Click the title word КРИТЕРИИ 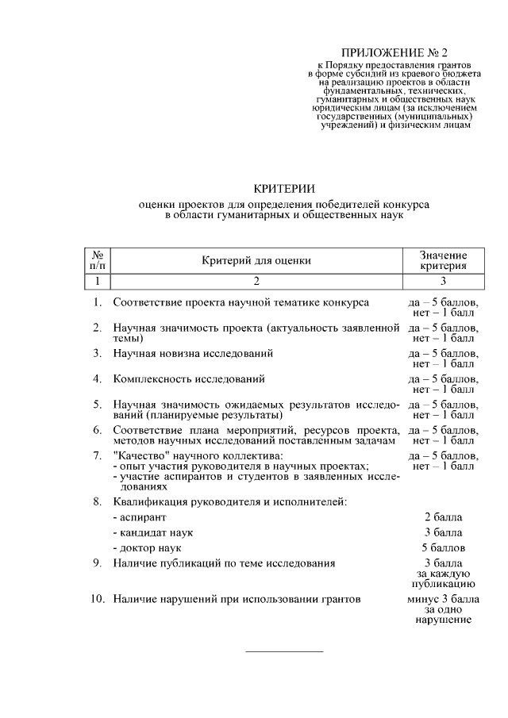pos(284,188)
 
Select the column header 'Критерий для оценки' pos(256,259)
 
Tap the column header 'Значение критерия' pos(444,259)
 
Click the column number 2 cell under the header pos(256,281)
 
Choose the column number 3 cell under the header pos(444,281)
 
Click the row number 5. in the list pos(97,404)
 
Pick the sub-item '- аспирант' pos(140,516)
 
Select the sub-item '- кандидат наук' pos(153,532)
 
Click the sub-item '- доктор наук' pos(147,547)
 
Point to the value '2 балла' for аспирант pos(444,516)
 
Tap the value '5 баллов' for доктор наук pos(444,547)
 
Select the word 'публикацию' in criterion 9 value pos(444,583)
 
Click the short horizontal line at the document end pos(285,651)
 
